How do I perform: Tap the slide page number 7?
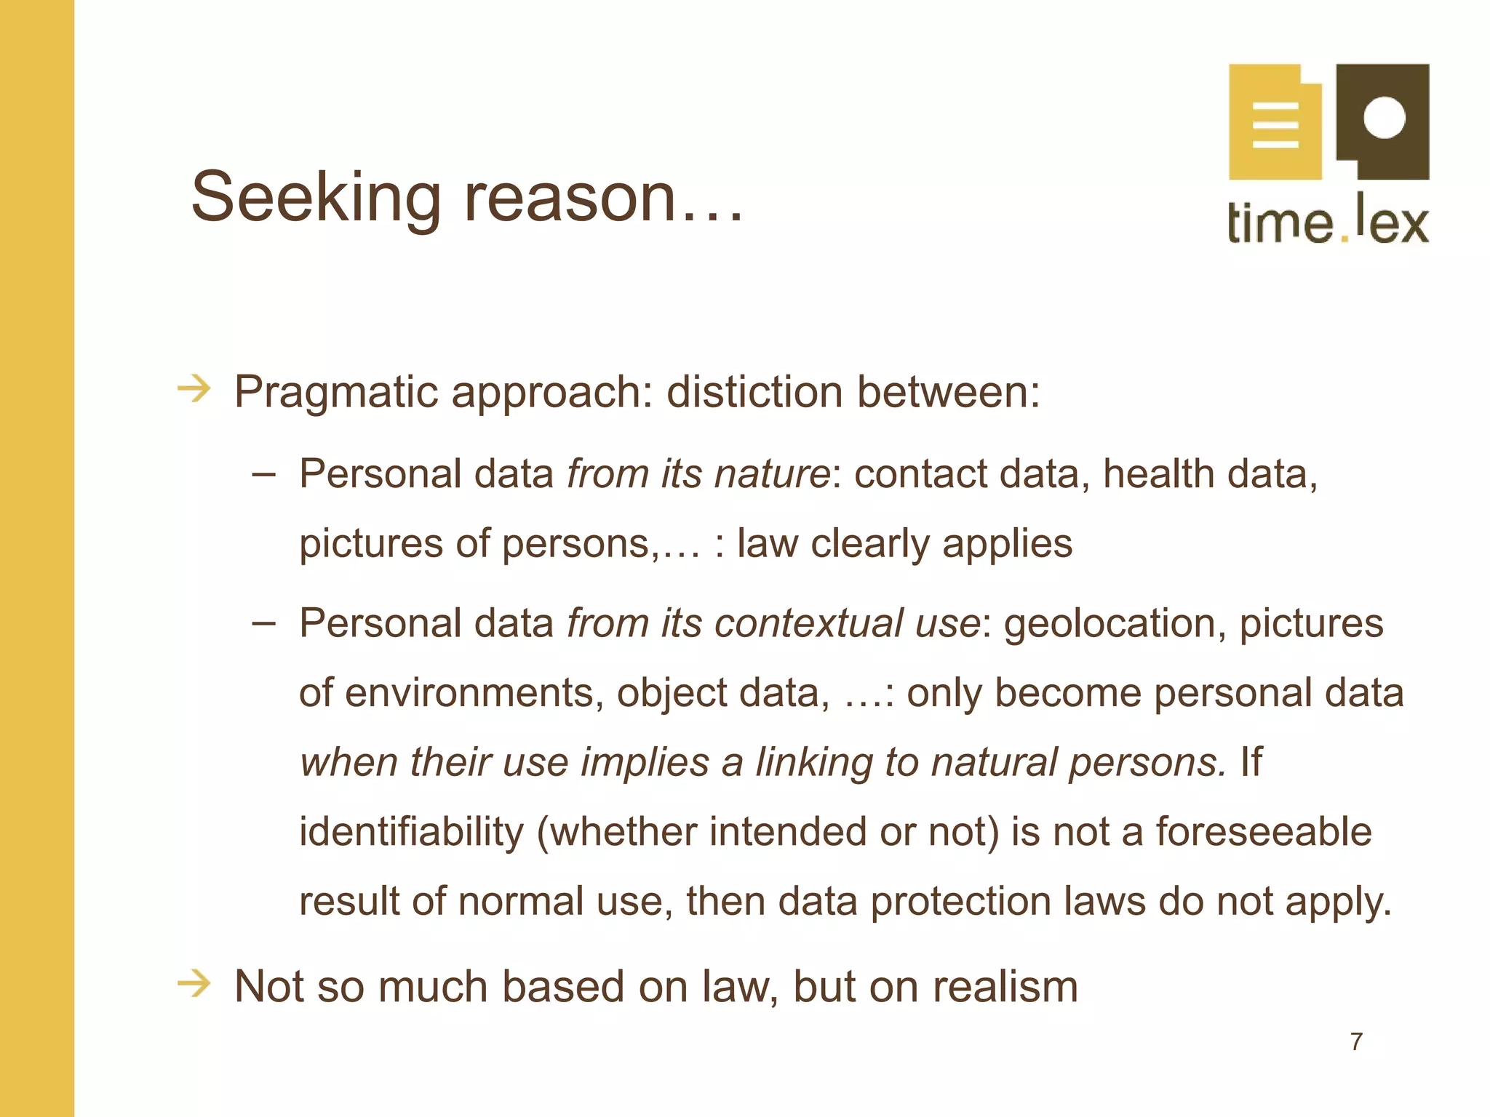click(1356, 1041)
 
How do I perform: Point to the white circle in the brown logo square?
click(1384, 116)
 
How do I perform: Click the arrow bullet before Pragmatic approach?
click(194, 389)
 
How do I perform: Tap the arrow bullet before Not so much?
click(194, 984)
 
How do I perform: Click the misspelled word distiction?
click(754, 392)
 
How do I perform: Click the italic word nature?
click(772, 475)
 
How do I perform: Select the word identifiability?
click(411, 832)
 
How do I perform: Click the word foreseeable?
click(1263, 832)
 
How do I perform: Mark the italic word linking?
click(813, 763)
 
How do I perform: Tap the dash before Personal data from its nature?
click(263, 475)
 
